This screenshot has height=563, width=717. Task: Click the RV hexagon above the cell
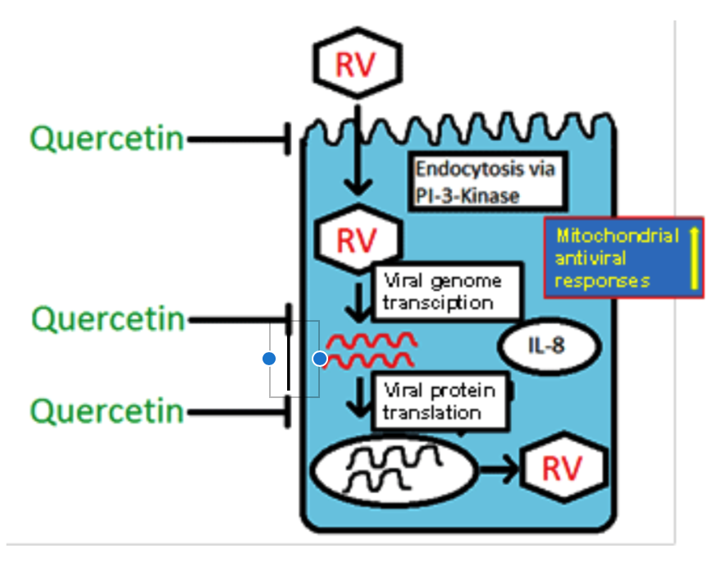(357, 64)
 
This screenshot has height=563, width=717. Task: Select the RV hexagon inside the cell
(357, 239)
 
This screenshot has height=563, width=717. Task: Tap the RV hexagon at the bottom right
(564, 469)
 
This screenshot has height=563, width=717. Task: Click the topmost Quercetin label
(107, 139)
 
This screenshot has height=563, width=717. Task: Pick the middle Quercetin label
(108, 318)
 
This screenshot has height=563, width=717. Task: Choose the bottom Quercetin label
(107, 410)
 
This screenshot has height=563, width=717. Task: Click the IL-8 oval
(549, 346)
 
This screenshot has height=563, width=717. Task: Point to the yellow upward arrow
(693, 259)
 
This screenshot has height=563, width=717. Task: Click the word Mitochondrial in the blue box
(617, 236)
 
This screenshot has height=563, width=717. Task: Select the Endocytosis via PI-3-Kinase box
(486, 182)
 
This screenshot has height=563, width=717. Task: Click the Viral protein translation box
(441, 401)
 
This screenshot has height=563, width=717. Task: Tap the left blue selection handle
(269, 359)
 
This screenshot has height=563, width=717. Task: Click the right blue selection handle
(320, 359)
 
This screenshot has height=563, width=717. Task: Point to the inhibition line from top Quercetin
(238, 140)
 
